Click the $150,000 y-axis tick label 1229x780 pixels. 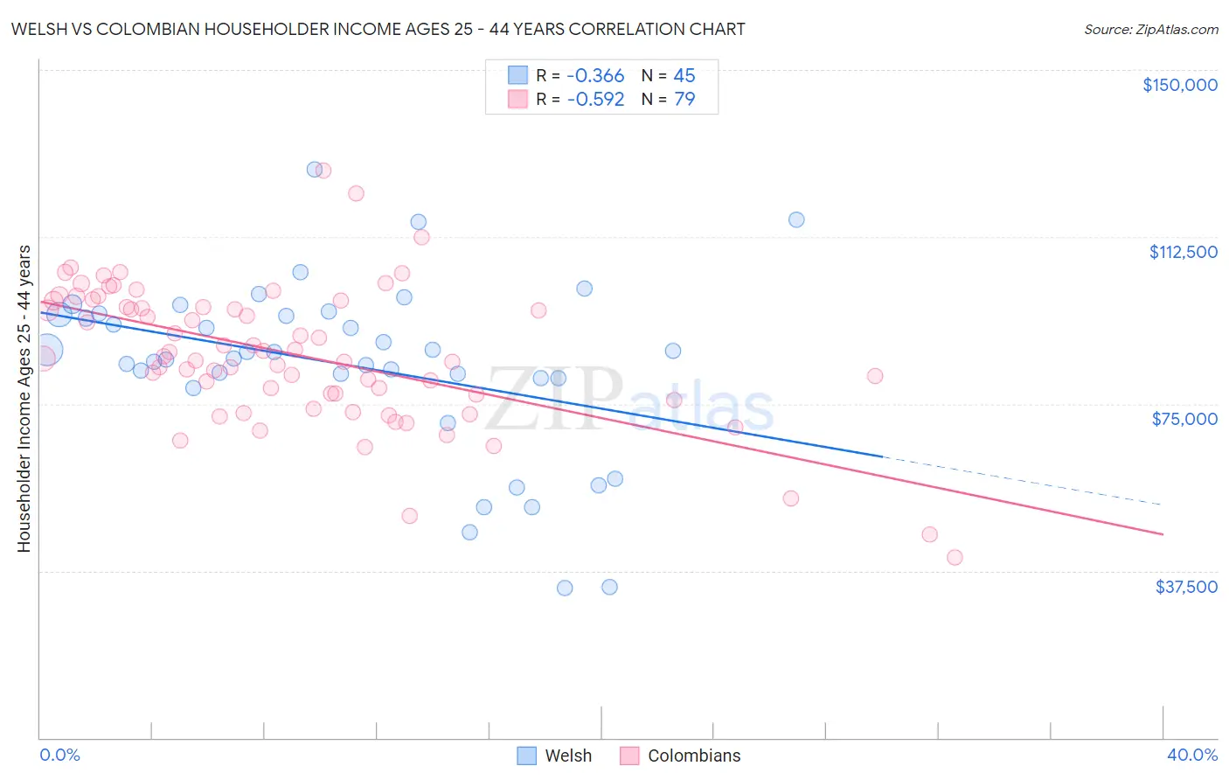(1179, 85)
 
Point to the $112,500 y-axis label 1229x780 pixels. (1183, 252)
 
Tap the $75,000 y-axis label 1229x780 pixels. (1184, 419)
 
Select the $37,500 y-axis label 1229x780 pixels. (1186, 587)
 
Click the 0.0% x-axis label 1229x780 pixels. (59, 755)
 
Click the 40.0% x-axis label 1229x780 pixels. (1191, 755)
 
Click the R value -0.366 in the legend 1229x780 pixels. (595, 75)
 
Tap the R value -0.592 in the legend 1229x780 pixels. (595, 99)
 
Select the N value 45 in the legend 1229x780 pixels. (684, 75)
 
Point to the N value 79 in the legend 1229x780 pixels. (684, 99)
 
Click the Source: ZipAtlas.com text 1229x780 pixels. (1150, 30)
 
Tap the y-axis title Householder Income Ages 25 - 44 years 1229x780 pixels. (24, 399)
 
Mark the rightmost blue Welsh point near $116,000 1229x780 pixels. (796, 219)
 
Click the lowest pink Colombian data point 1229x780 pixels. (955, 557)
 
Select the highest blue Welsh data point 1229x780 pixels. (314, 170)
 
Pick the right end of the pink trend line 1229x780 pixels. (1162, 533)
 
